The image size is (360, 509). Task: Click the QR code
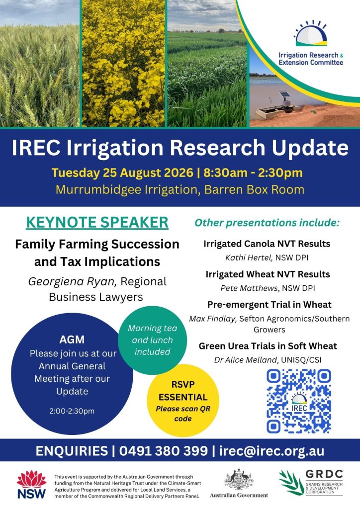click(299, 401)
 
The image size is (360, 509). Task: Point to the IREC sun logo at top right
click(311, 33)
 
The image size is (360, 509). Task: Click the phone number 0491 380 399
click(163, 450)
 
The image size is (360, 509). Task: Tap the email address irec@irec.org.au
click(271, 450)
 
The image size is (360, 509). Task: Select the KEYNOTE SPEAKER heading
click(97, 222)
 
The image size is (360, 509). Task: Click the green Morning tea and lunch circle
click(152, 340)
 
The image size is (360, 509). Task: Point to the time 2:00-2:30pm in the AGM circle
click(72, 411)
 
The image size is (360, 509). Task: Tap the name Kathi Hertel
click(249, 258)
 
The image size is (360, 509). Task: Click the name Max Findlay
click(213, 319)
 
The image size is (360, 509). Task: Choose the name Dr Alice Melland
click(246, 360)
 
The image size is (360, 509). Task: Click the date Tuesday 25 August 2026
click(122, 172)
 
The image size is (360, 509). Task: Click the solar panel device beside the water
click(285, 100)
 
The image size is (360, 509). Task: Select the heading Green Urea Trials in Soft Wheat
click(268, 346)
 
